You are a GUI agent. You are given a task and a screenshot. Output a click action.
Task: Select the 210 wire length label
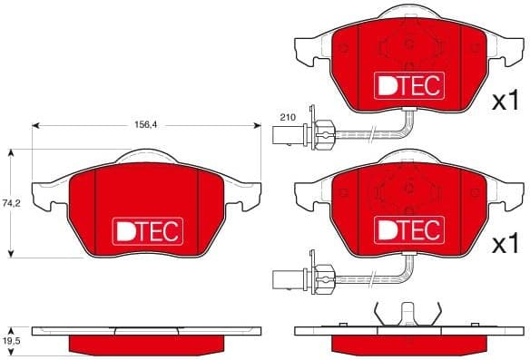(289, 118)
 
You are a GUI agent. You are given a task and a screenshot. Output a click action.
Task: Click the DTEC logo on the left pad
(147, 232)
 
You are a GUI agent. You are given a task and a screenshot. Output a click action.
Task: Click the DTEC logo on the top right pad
(407, 85)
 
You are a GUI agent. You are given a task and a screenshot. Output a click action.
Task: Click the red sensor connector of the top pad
(324, 134)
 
